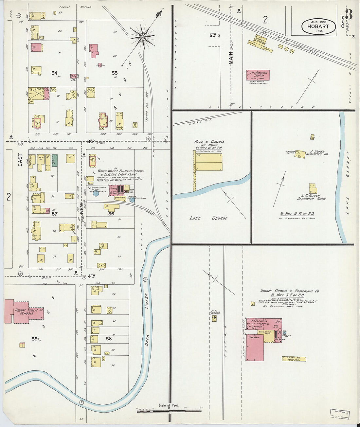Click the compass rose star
(142, 37)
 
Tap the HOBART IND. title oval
(319, 27)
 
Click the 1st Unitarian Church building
(258, 75)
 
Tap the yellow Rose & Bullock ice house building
(209, 162)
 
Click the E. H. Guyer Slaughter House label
(311, 197)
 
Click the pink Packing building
(255, 347)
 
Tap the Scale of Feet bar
(169, 411)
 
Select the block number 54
(54, 73)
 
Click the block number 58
(109, 339)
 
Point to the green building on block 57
(54, 160)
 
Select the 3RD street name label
(91, 141)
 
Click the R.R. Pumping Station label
(214, 313)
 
